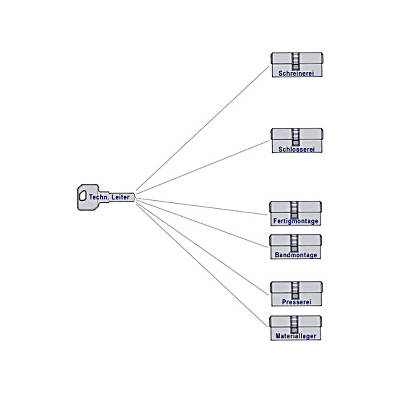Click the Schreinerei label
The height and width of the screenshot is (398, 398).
coord(296,73)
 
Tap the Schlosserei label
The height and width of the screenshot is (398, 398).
coord(296,149)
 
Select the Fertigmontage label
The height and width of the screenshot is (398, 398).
coord(296,221)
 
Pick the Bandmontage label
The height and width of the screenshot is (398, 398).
coord(296,255)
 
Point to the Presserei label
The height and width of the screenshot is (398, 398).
coord(297,302)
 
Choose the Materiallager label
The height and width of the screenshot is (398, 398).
coord(296,336)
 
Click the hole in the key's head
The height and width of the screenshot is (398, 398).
coord(83,196)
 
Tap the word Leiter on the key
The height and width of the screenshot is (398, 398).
coord(120,197)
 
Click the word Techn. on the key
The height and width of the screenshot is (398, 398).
coord(99,197)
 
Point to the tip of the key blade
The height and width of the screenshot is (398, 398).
coord(134,197)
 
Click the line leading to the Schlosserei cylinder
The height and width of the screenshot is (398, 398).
coord(202,167)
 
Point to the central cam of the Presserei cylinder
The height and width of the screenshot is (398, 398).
coord(295,290)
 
